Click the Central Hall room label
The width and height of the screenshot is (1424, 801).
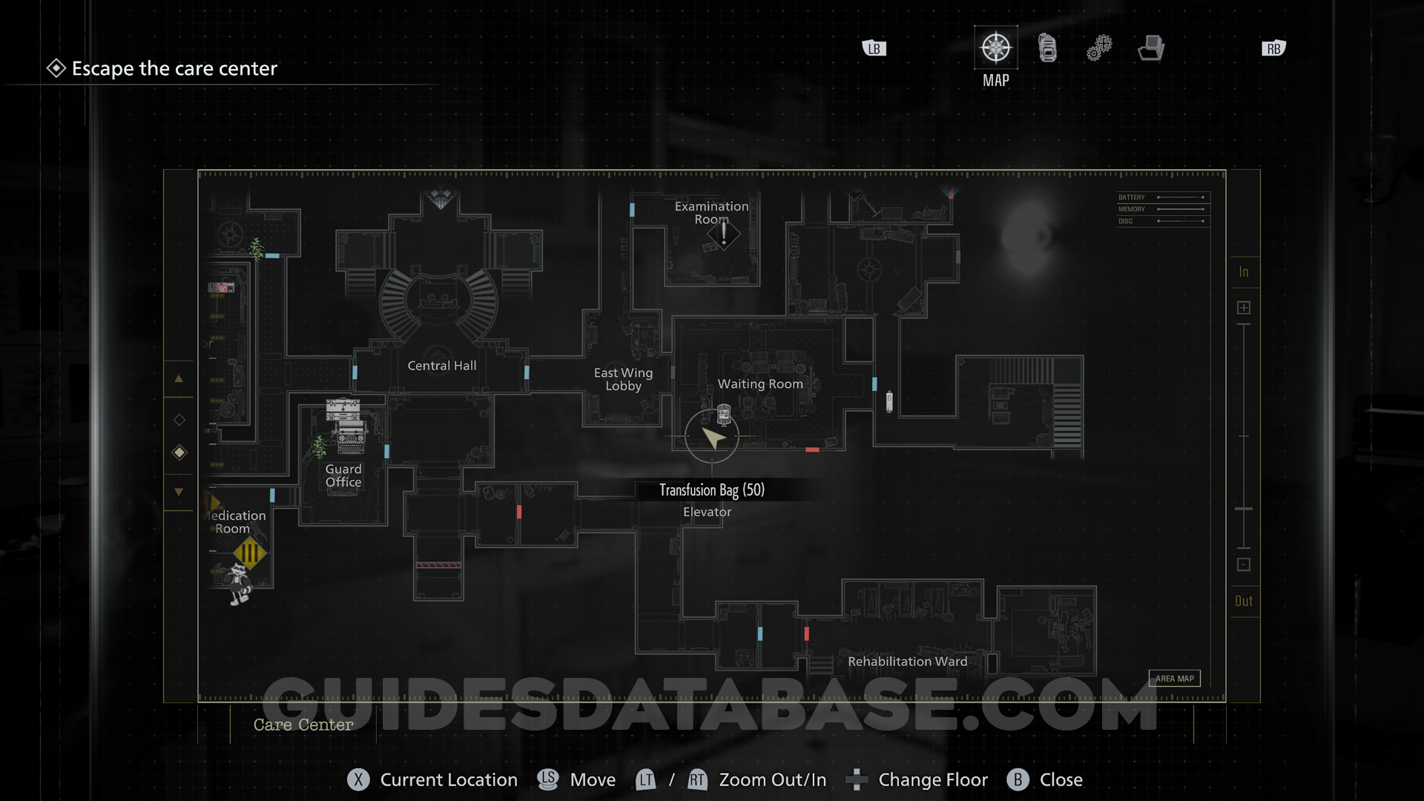[x=442, y=366]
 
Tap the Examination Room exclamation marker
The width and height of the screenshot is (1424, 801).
[x=724, y=234]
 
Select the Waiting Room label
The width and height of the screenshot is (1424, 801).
[x=760, y=384]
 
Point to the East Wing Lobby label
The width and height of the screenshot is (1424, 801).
[x=623, y=379]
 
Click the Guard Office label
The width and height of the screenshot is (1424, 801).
[x=343, y=475]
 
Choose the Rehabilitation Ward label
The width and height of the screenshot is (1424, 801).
[x=907, y=662]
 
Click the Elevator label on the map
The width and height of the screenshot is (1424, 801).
[x=707, y=512]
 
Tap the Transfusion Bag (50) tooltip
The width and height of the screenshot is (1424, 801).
[x=711, y=490]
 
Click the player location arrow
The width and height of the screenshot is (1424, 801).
[x=713, y=438]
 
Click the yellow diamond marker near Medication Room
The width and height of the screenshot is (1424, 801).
[x=249, y=553]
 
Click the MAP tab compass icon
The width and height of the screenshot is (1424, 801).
[x=995, y=48]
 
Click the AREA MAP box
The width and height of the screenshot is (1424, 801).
[x=1174, y=679]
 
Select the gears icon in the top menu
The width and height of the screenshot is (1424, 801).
[x=1099, y=48]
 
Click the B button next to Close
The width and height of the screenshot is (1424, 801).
[x=1018, y=779]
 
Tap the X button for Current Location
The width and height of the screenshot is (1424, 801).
[x=358, y=779]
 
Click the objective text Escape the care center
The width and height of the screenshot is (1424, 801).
[x=174, y=69]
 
